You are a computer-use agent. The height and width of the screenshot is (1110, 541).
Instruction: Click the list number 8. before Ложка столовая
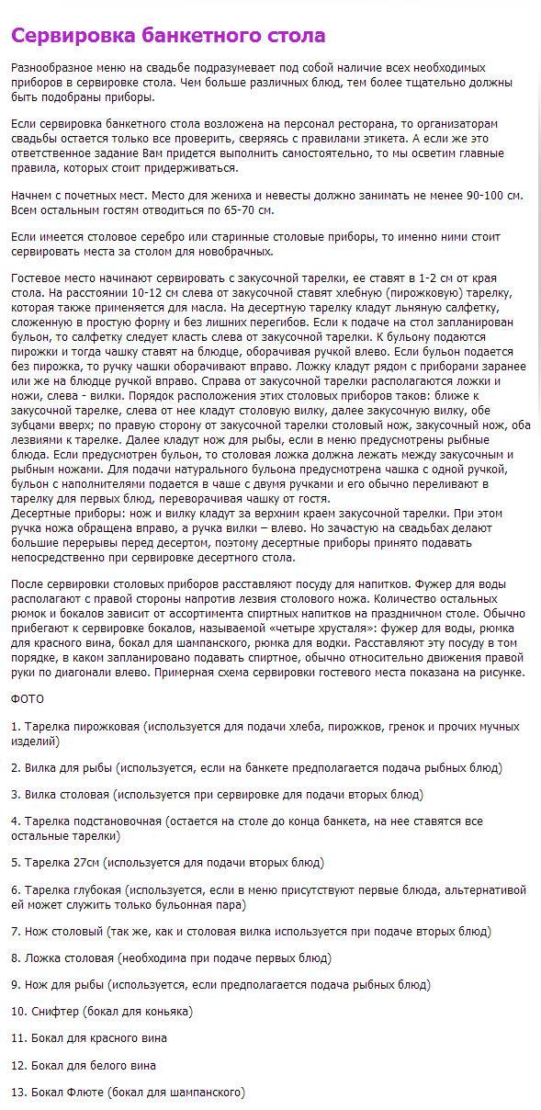(16, 958)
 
